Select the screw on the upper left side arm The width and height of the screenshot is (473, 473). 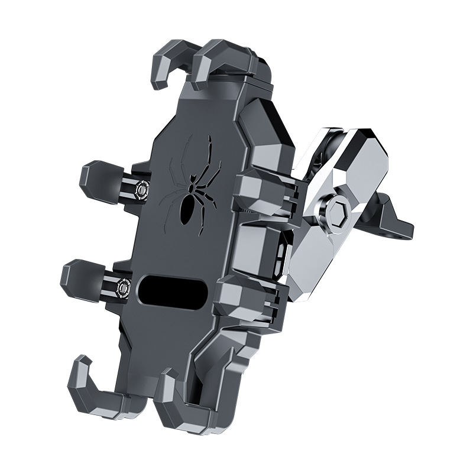tap(142, 187)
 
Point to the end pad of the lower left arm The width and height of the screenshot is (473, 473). tap(77, 277)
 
